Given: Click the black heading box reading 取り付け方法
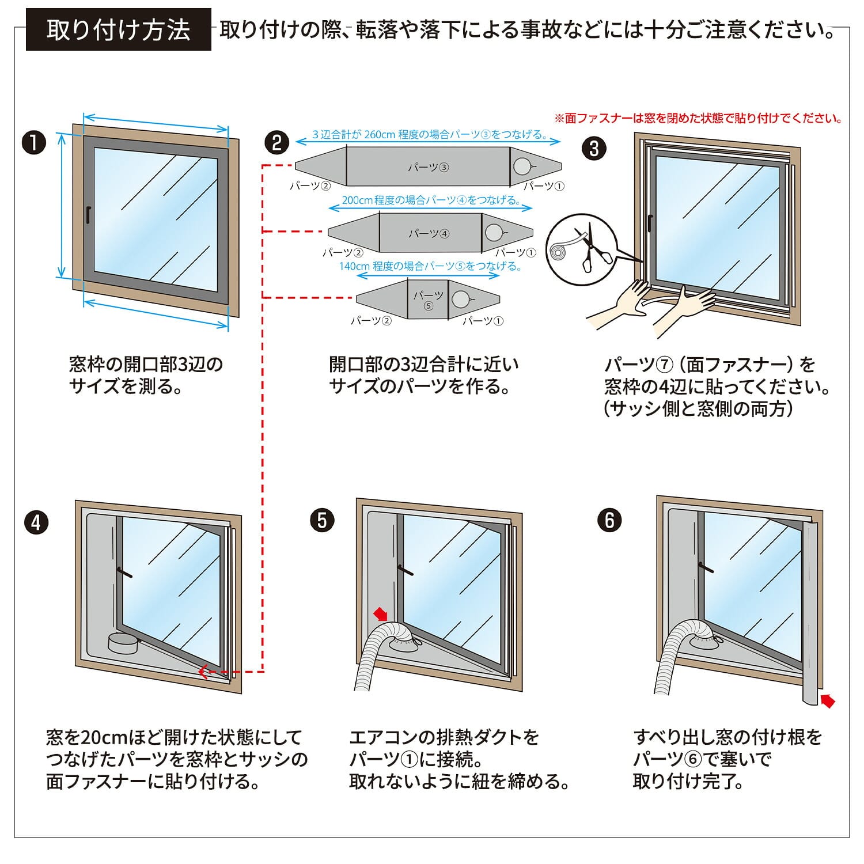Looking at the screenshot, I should tap(118, 29).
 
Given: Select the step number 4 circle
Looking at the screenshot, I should tap(36, 522).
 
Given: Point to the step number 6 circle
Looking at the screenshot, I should tap(609, 521).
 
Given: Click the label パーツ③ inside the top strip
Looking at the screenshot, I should tap(428, 168).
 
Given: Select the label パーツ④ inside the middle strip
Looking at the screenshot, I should tap(429, 233).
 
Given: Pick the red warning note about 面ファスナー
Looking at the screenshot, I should tap(698, 119).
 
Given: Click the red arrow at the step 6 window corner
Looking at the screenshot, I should tap(827, 700).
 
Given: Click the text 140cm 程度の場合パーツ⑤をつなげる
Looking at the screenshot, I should tap(429, 266).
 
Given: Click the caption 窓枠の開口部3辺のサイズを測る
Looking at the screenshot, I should tap(145, 375).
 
